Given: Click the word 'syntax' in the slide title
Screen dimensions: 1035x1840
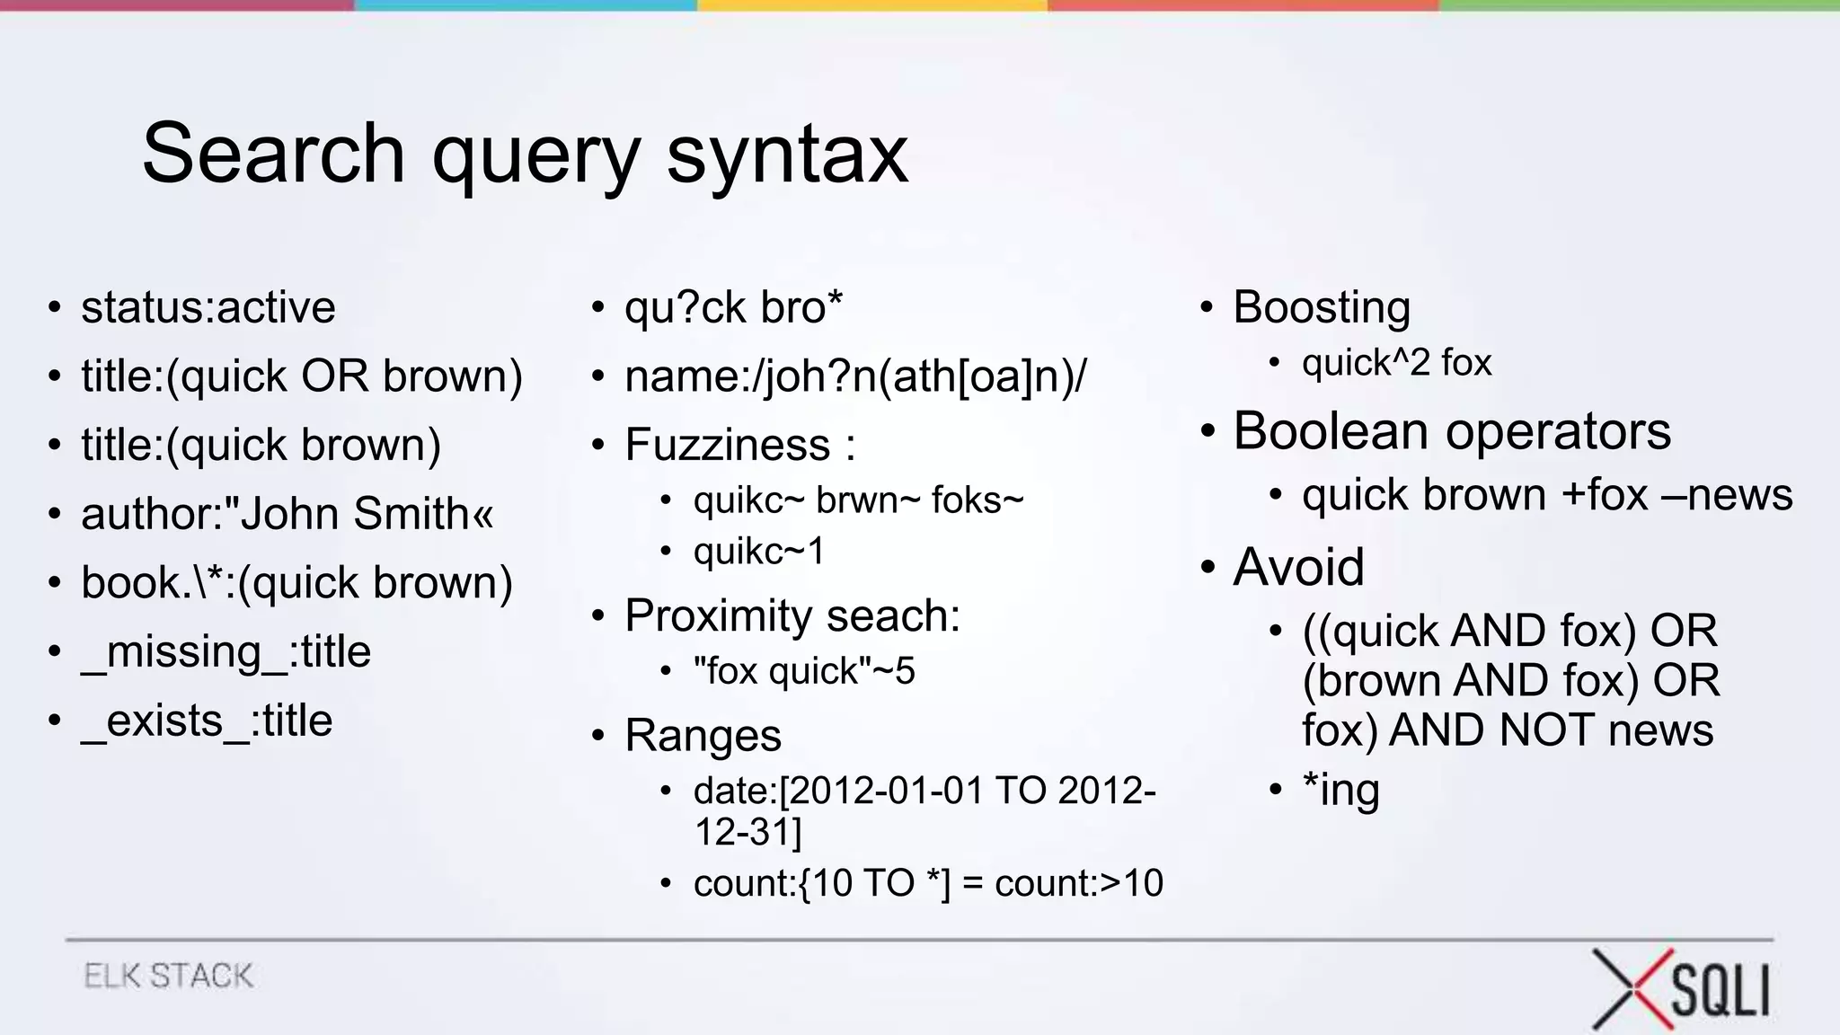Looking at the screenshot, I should click(787, 155).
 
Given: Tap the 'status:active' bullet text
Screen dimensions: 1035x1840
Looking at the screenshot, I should click(208, 307).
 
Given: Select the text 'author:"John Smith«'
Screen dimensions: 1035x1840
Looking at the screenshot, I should click(287, 514).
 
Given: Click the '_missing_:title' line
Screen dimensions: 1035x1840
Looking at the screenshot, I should click(226, 651).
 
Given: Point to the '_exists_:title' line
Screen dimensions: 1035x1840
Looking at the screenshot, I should click(207, 721).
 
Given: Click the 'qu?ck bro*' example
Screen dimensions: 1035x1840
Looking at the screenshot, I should click(733, 307).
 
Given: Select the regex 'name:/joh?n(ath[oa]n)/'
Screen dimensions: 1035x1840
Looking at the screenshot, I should click(855, 376).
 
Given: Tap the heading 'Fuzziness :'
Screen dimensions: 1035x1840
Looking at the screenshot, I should click(739, 445).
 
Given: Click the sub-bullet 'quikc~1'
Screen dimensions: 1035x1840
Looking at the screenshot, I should click(759, 551).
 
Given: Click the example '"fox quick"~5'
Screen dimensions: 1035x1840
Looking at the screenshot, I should click(804, 671).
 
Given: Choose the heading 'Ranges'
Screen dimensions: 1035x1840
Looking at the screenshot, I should click(703, 736).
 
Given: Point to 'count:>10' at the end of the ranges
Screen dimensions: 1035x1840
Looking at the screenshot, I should click(1079, 883).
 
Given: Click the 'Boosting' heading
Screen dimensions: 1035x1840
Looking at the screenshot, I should click(1322, 307).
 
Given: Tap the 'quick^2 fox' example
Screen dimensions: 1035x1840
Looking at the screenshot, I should click(1396, 363).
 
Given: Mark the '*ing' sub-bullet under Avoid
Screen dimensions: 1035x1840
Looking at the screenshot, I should click(1340, 790).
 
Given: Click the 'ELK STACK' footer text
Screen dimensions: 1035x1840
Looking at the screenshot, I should click(169, 976).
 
